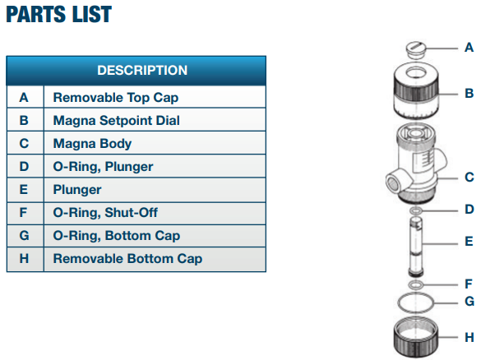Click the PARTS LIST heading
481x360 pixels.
tap(58, 15)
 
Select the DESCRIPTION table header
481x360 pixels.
tap(142, 70)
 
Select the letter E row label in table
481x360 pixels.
tap(24, 190)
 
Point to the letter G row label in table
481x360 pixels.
tap(24, 236)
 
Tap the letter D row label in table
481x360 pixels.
tap(24, 167)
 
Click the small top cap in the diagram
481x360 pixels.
tap(416, 49)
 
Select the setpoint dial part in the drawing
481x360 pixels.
tap(416, 90)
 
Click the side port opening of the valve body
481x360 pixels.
tap(392, 184)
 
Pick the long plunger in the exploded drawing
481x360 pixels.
tap(416, 246)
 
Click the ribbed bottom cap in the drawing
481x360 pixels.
tap(416, 337)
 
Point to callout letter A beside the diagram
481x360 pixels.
tap(469, 48)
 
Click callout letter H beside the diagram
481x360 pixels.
tap(469, 337)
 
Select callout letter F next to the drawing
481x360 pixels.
tap(469, 284)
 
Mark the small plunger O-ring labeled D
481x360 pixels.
tap(416, 210)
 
